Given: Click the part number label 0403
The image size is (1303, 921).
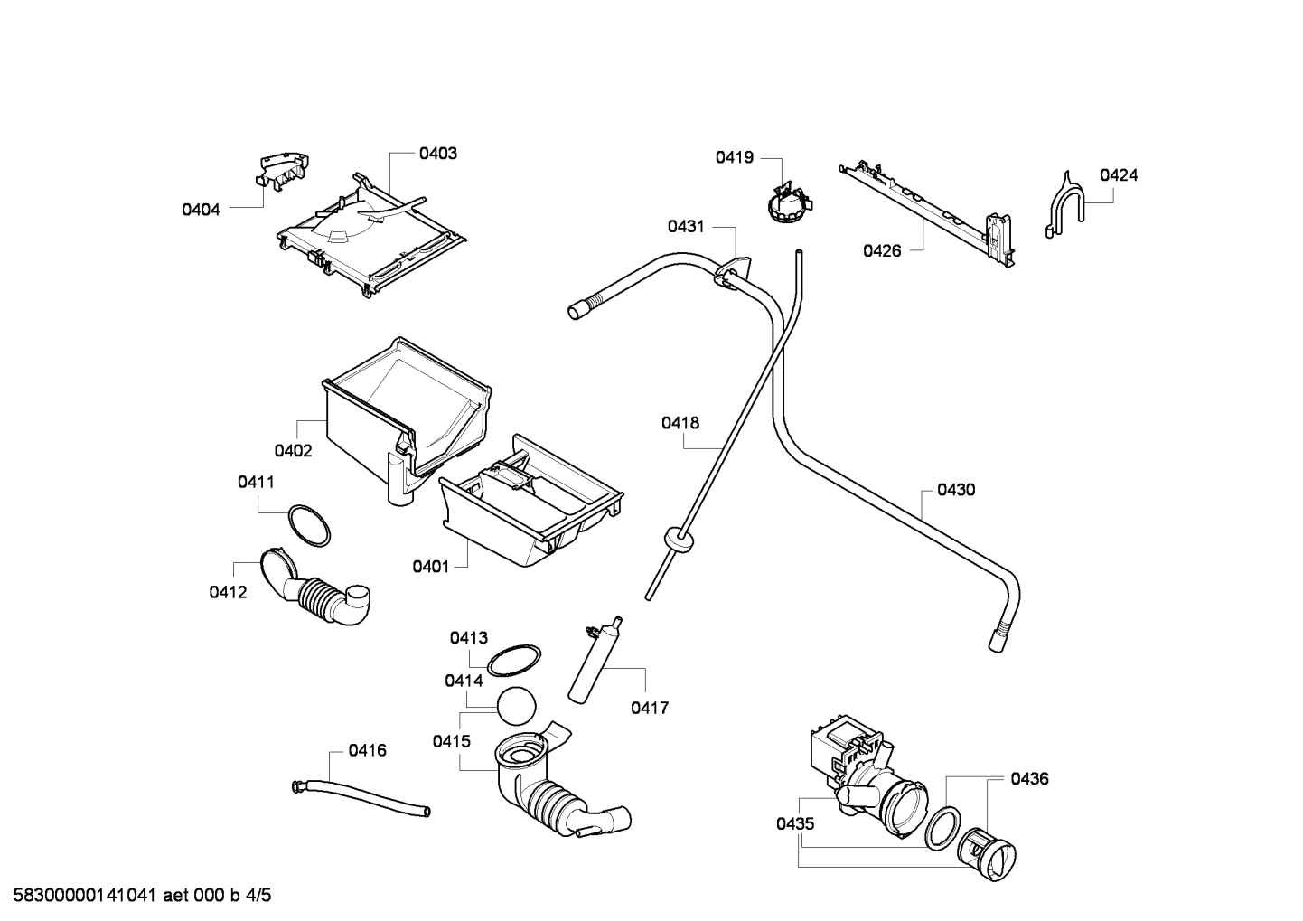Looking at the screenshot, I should coord(437,154).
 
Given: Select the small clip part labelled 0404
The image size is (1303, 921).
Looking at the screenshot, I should coord(281,171).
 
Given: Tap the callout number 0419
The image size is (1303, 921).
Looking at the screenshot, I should coord(734,158).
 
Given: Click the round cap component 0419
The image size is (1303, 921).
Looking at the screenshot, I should coord(784,203).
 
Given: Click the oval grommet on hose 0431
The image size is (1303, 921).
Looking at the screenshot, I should coord(735,274).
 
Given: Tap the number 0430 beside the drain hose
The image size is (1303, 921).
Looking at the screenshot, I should coord(955,490).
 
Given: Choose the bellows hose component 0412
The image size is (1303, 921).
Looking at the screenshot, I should coord(316,592).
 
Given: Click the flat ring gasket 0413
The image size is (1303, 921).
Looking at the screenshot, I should coord(514,660).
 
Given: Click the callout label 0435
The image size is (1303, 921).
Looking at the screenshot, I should coord(794,824).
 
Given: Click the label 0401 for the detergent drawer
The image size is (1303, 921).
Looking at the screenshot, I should coord(430,567).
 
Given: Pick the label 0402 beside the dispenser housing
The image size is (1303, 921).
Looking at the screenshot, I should coord(293,451).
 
